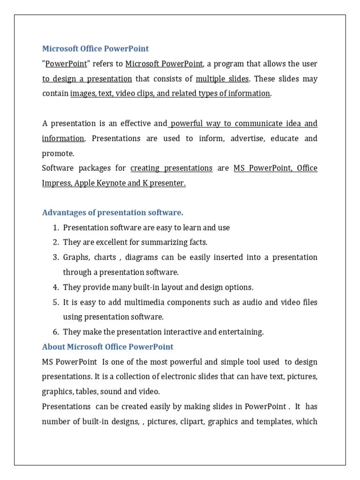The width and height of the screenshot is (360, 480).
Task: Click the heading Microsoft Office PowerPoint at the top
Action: pyautogui.click(x=96, y=49)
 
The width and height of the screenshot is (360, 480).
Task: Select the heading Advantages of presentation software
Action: pyautogui.click(x=112, y=213)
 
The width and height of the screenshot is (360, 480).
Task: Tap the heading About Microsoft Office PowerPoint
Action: pyautogui.click(x=108, y=347)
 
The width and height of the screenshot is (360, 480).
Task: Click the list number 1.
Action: pyautogui.click(x=55, y=228)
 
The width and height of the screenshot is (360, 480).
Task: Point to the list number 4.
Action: pyautogui.click(x=55, y=287)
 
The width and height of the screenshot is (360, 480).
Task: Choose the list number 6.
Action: pyautogui.click(x=55, y=332)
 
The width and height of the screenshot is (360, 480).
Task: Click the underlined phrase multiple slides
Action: pyautogui.click(x=222, y=79)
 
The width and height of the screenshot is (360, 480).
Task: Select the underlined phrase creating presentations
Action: pyautogui.click(x=172, y=168)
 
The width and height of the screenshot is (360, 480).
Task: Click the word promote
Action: pyautogui.click(x=58, y=153)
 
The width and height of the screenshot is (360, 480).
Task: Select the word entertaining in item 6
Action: pyautogui.click(x=240, y=332)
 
